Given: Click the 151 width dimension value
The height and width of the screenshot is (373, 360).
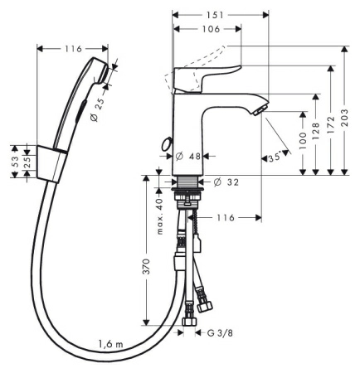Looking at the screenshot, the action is click(x=215, y=15).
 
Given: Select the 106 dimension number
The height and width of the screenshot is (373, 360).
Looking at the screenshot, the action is click(x=211, y=29).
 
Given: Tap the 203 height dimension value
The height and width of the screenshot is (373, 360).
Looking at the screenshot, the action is click(x=344, y=118).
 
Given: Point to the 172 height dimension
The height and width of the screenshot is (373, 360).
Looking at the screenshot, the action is click(x=330, y=125).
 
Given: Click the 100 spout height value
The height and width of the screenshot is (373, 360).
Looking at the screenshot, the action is click(x=303, y=140).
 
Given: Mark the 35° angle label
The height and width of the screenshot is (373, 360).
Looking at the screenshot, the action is click(x=275, y=157).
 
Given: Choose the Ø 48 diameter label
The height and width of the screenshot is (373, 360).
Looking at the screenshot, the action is click(x=188, y=157).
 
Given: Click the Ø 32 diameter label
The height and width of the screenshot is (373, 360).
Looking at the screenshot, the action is click(x=226, y=182).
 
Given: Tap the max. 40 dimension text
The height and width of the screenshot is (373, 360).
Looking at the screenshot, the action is click(x=160, y=216).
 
